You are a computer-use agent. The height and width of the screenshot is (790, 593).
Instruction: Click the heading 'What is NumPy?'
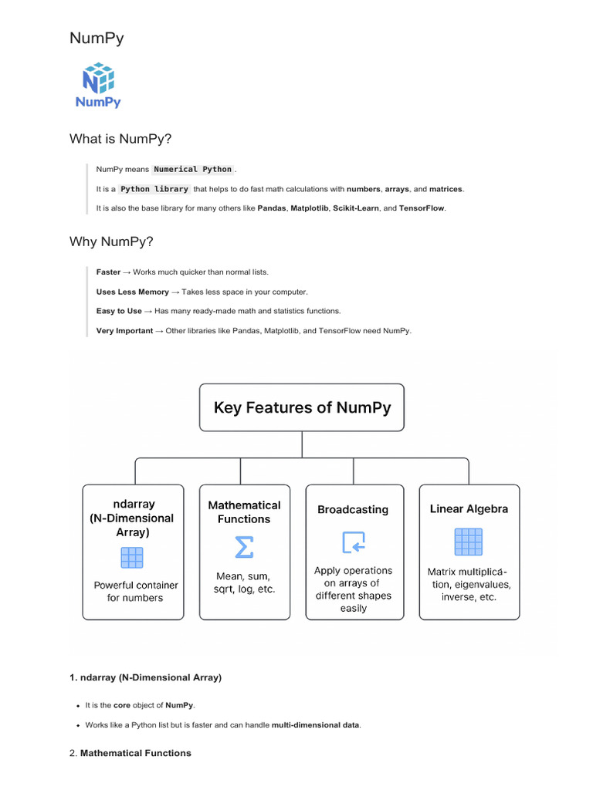[x=120, y=139]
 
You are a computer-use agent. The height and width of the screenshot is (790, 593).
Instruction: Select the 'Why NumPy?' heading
[x=111, y=242]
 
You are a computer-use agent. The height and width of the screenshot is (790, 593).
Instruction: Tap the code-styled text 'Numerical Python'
[x=192, y=169]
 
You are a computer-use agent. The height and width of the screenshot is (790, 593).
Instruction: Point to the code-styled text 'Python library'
[x=154, y=189]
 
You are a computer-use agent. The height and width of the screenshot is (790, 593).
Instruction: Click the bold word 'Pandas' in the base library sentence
[x=272, y=208]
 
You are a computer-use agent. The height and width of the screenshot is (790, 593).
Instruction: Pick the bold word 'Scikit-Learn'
[x=356, y=208]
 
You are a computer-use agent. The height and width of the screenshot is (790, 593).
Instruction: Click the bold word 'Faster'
[x=108, y=272]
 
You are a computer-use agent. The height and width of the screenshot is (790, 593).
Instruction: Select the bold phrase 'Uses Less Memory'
[x=132, y=292]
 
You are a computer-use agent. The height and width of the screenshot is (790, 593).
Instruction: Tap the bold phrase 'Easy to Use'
[x=119, y=312]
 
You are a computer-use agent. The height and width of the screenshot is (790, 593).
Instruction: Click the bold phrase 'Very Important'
[x=124, y=331]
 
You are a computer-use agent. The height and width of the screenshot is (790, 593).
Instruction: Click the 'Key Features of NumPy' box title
[x=302, y=407]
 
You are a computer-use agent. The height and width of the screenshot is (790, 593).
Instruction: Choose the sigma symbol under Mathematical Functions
[x=244, y=547]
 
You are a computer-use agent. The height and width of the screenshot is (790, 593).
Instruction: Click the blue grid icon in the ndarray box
[x=132, y=557]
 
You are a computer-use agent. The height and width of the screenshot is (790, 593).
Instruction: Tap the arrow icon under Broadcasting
[x=354, y=542]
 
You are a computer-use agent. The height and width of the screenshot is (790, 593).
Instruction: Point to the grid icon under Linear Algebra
[x=468, y=542]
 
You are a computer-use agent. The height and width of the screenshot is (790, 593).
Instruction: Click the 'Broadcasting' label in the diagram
[x=353, y=510]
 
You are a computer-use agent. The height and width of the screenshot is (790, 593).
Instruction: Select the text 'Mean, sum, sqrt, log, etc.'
[x=244, y=582]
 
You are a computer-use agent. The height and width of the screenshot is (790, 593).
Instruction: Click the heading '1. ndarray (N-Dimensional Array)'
[x=145, y=677]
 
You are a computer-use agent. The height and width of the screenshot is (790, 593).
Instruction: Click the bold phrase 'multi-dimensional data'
[x=315, y=725]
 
